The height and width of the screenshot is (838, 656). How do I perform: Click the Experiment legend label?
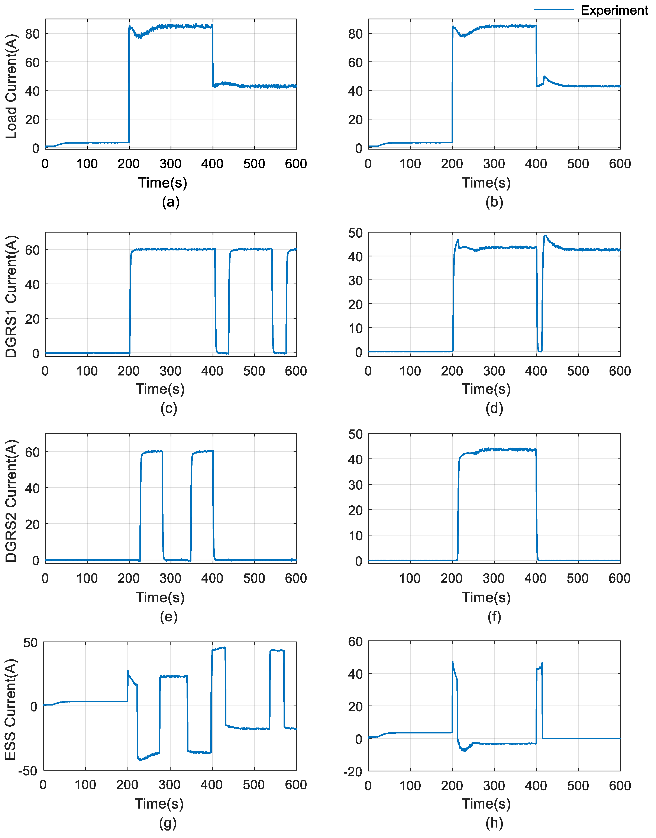point(614,10)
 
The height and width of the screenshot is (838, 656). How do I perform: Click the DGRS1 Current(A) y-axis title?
point(12,296)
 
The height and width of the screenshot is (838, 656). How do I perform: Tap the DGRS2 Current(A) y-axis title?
point(12,501)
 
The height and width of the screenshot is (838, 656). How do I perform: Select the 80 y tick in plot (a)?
point(32,34)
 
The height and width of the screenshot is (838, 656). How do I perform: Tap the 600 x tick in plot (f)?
point(619,578)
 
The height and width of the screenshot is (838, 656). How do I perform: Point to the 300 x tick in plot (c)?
point(171,371)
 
